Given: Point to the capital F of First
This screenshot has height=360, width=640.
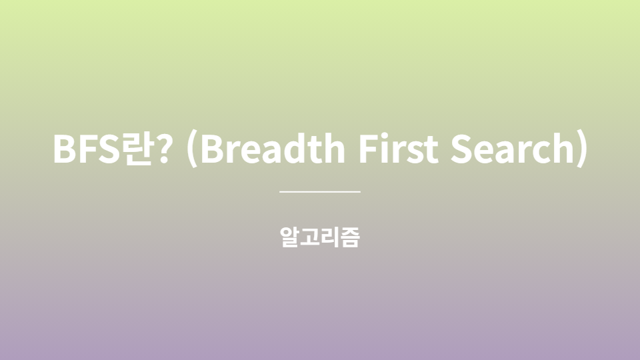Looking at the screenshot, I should point(369,150).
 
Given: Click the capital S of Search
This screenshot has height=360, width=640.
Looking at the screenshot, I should point(461,150).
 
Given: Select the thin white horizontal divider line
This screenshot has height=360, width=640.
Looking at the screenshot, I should point(320,191).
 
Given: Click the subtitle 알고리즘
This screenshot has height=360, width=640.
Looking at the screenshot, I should point(320,237).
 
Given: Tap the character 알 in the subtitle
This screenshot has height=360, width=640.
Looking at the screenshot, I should point(290,237).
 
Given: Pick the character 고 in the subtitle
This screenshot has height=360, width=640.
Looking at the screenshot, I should point(310,237).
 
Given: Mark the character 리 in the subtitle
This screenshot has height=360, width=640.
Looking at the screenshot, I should point(330,237).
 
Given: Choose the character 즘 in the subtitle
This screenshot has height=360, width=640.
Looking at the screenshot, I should point(350,237).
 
